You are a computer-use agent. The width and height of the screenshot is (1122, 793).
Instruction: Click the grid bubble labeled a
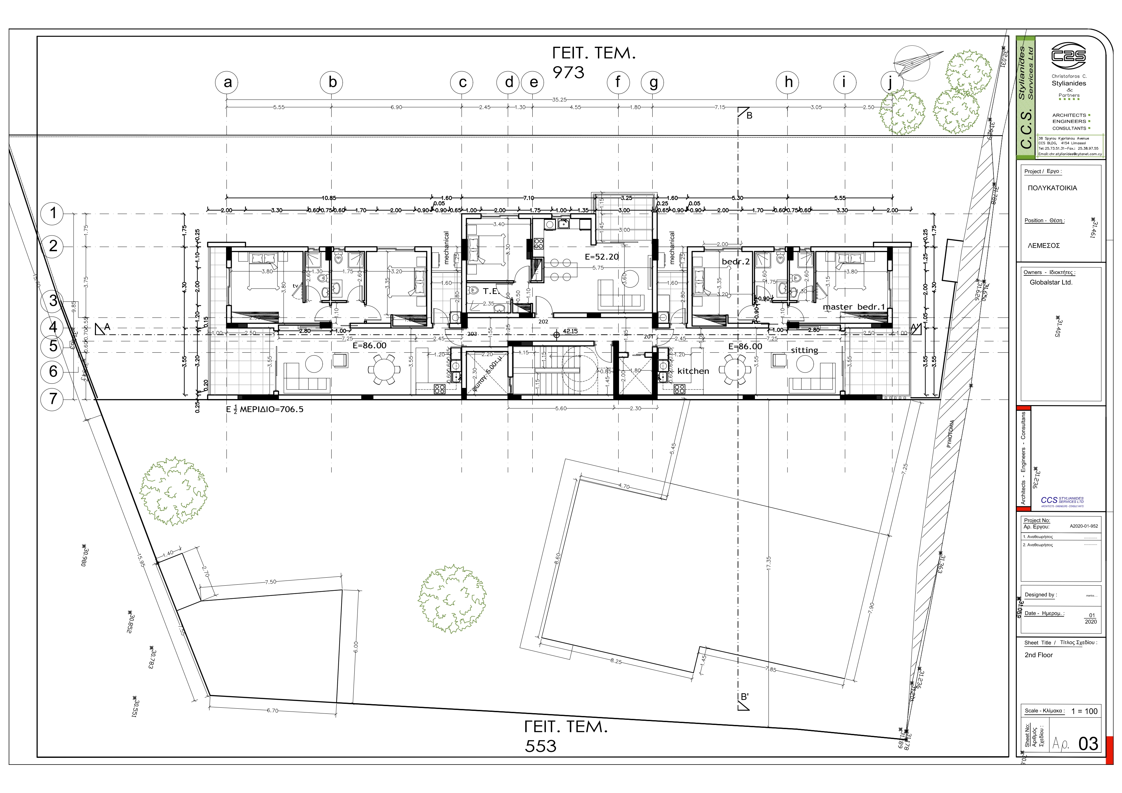pyautogui.click(x=227, y=82)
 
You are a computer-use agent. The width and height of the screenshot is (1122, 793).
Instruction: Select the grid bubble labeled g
pyautogui.click(x=653, y=82)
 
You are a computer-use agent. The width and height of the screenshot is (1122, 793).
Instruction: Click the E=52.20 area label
pyautogui.click(x=602, y=257)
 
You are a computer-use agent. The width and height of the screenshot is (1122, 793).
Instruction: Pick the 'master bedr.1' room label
pyautogui.click(x=854, y=307)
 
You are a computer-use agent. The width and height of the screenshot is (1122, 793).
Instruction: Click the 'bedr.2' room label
pyautogui.click(x=735, y=262)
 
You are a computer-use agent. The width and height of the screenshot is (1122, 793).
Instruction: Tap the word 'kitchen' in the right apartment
pyautogui.click(x=693, y=371)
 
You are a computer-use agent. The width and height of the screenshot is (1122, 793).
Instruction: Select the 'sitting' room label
pyautogui.click(x=804, y=350)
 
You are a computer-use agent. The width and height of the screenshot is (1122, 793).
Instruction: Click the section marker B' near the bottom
pyautogui.click(x=744, y=697)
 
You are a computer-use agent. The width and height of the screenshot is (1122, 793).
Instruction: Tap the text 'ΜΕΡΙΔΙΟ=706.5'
pyautogui.click(x=271, y=409)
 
